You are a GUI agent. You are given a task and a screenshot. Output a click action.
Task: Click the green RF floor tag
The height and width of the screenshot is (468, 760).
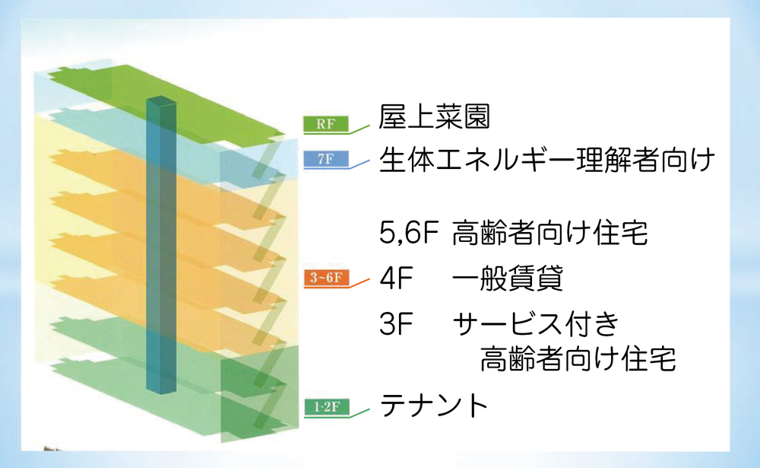[x=326, y=124]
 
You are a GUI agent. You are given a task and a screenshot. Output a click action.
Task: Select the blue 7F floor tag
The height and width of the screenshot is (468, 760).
[x=326, y=159]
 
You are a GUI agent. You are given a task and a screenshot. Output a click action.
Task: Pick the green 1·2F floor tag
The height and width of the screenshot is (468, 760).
[x=327, y=406]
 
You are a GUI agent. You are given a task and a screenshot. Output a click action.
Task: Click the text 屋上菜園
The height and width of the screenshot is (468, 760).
[x=434, y=117]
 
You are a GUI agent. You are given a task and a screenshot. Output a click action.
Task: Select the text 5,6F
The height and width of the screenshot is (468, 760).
[x=409, y=233]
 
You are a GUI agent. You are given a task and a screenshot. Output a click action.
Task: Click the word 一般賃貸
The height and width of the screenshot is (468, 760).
[x=508, y=279]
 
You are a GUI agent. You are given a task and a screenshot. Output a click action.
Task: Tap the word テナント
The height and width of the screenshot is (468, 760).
[x=434, y=406]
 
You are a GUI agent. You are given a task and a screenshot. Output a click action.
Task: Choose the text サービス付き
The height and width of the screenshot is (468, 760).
[x=536, y=324]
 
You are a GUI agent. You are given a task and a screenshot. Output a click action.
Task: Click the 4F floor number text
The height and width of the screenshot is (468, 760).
[x=396, y=279]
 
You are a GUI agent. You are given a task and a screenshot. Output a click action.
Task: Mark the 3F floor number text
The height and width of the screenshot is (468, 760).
[x=396, y=324]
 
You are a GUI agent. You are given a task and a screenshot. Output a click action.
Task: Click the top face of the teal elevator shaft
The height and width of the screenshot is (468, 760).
[x=161, y=101]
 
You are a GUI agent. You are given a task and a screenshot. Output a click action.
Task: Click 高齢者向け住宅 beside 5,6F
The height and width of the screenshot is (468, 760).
[x=549, y=233]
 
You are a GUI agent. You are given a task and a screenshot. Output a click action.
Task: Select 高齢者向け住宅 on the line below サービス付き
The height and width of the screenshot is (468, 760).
[x=578, y=358]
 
